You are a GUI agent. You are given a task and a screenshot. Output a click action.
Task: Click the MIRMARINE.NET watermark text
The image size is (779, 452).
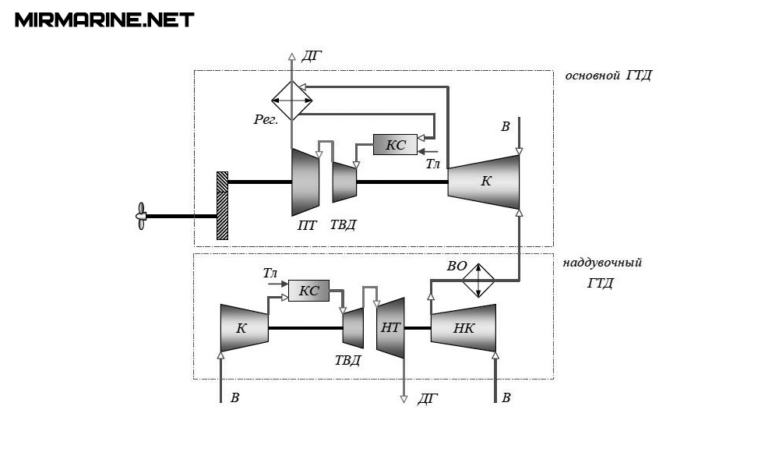104,19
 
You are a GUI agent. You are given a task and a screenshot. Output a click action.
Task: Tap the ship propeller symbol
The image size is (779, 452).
141,215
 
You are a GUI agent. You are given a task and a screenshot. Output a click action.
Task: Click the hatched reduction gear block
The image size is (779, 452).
222,205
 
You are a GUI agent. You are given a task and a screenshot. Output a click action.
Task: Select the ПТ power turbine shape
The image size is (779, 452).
305,182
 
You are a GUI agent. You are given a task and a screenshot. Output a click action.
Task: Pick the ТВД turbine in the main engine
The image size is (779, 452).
344,182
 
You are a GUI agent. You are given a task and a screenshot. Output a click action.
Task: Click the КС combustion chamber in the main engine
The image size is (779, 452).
395,144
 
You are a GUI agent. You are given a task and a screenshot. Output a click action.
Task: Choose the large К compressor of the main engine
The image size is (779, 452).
485,182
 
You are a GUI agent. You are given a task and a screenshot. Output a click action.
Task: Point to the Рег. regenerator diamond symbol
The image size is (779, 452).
291,101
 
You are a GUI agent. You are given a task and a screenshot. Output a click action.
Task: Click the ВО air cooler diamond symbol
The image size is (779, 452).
478,280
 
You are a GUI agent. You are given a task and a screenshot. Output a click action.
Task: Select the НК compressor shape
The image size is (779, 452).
464,328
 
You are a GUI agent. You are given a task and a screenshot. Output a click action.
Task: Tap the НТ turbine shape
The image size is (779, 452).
391,328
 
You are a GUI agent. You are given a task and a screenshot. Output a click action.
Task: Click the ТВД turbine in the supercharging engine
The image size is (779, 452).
354,328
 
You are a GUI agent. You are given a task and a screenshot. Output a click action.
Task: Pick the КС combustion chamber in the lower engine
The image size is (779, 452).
308,291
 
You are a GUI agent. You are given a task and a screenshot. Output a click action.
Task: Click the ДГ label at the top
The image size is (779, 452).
312,55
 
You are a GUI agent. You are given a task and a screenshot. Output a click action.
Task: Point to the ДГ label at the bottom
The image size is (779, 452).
428,399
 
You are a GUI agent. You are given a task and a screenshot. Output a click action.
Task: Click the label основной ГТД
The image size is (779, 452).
608,76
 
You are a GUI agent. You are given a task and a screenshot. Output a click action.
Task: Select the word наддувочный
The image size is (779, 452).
607,263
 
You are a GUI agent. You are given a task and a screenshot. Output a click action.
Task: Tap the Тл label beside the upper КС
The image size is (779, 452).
433,164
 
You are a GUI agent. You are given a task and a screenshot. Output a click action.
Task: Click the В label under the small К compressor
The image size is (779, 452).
234,398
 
